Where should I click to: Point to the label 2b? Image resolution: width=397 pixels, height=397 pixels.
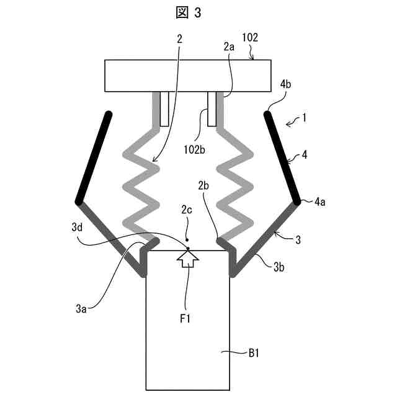(x=204, y=185)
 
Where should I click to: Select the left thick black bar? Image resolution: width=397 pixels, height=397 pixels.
(x=94, y=158)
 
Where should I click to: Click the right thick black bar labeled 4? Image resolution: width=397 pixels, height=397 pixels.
(x=283, y=158)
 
